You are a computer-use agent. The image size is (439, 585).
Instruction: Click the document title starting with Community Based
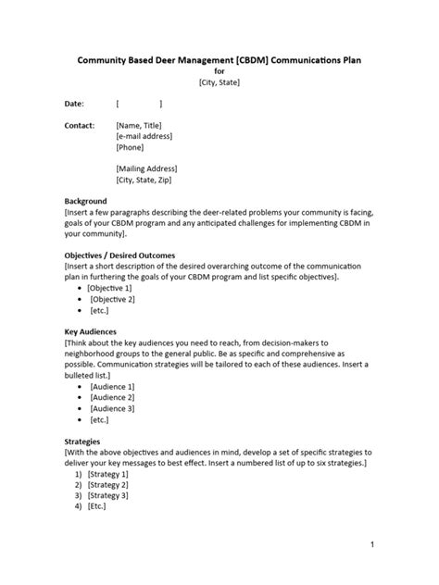pyautogui.click(x=219, y=60)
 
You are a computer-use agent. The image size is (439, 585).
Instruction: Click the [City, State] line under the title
pyautogui.click(x=219, y=82)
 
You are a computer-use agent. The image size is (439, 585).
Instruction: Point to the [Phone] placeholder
pyautogui.click(x=132, y=147)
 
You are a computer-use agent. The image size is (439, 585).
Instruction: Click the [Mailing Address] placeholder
pyautogui.click(x=146, y=168)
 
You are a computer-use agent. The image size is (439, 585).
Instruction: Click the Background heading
pyautogui.click(x=85, y=201)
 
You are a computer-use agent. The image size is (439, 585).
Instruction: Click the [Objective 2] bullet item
pyautogui.click(x=111, y=299)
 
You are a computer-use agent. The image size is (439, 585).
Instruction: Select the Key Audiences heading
pyautogui.click(x=90, y=330)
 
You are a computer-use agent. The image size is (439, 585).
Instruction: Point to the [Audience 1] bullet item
pyautogui.click(x=111, y=386)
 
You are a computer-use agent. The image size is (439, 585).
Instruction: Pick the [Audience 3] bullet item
pyautogui.click(x=111, y=408)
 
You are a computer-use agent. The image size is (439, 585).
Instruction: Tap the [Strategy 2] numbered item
pyautogui.click(x=107, y=484)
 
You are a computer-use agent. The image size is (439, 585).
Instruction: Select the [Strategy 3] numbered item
pyautogui.click(x=107, y=495)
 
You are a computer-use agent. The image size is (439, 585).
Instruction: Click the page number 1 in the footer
pyautogui.click(x=371, y=545)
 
